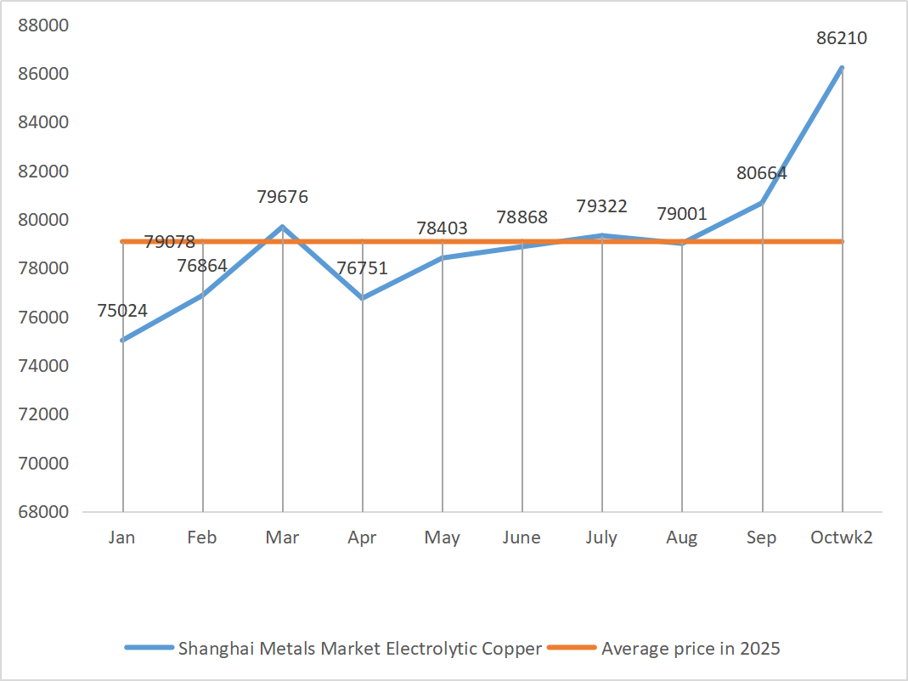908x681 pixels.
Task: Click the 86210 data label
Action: point(841,38)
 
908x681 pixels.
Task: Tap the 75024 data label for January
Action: point(122,311)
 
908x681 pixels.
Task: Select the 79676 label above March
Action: point(282,197)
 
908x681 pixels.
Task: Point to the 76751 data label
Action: point(362,268)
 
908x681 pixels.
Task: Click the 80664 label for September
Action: point(761,173)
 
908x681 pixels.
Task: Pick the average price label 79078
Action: point(170,242)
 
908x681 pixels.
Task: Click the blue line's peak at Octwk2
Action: point(842,68)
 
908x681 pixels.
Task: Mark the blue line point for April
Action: point(363,298)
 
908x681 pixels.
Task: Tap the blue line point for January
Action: point(123,340)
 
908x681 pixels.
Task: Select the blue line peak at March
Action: point(282,227)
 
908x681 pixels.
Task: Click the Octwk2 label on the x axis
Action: point(842,537)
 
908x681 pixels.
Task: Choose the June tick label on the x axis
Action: point(522,537)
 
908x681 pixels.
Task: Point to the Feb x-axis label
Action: point(202,537)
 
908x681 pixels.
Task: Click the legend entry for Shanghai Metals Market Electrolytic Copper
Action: point(359,649)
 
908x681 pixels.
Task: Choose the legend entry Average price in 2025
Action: point(691,649)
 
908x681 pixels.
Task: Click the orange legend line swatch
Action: point(572,648)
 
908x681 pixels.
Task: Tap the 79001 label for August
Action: point(681,214)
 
